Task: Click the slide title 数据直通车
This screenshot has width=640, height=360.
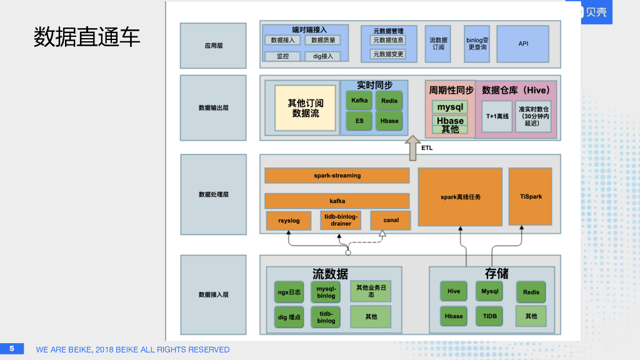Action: click(87, 37)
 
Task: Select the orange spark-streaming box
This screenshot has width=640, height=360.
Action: click(337, 176)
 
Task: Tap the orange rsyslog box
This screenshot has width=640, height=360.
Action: click(289, 221)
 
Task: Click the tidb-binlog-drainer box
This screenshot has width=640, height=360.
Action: click(341, 221)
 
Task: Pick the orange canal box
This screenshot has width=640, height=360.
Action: click(391, 221)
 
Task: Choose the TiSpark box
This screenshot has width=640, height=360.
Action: click(531, 197)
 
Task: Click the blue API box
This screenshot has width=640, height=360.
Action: click(523, 44)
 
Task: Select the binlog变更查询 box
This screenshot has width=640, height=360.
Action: click(477, 44)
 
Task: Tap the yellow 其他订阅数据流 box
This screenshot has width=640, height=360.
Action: click(306, 108)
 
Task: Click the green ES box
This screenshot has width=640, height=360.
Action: click(359, 121)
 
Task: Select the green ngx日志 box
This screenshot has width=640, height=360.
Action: click(289, 292)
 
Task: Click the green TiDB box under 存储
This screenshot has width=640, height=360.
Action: click(491, 316)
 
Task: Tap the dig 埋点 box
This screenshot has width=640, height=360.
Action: click(289, 317)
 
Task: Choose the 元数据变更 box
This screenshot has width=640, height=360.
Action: click(388, 54)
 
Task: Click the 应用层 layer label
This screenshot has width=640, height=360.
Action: click(213, 46)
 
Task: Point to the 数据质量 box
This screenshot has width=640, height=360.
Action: click(322, 40)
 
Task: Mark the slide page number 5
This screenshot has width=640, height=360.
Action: click(11, 349)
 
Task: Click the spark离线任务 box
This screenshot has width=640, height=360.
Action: click(460, 197)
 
